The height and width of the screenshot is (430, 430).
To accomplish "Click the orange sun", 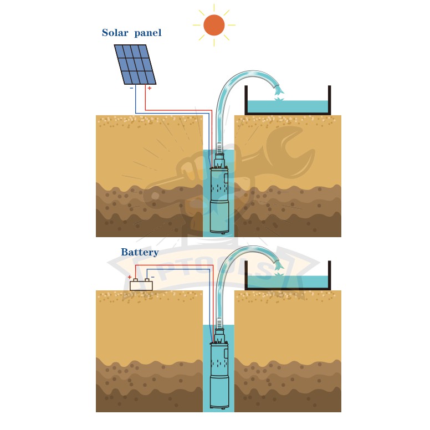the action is click(214, 25).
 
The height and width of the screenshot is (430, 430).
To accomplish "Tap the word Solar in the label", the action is click(115, 33).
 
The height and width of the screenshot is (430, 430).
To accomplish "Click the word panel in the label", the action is click(148, 33).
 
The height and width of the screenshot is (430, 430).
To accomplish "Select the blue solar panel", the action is click(135, 64).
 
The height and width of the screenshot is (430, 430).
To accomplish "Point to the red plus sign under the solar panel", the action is click(150, 88).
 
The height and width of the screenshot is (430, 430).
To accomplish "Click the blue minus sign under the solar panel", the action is click(131, 88).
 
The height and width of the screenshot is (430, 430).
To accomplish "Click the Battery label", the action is click(140, 252).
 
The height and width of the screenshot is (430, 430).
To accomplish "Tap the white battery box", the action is click(141, 285).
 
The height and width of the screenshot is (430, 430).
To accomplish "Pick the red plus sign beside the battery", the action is click(130, 277).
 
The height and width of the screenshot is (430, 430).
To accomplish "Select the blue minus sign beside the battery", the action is click(153, 277).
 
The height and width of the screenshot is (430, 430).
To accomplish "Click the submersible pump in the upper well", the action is click(219, 194).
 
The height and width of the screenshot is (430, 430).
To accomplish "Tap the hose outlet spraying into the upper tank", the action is click(279, 90).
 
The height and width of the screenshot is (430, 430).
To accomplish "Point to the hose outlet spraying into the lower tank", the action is click(279, 265).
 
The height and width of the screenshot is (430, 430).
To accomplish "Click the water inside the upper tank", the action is click(288, 106).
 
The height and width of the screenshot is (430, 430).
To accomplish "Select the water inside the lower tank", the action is click(288, 281).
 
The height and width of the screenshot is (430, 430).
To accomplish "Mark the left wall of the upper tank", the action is click(246, 100).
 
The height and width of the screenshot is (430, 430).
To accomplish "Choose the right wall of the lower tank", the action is click(329, 275).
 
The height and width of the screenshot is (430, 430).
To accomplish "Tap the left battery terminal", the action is click(135, 280).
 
